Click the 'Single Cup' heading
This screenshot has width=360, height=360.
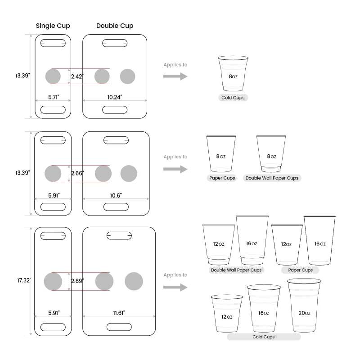click(x=53, y=26)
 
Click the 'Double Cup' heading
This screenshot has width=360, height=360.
click(x=115, y=26)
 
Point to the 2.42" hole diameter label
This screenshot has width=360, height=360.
click(x=77, y=76)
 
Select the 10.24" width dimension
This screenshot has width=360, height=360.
click(x=115, y=97)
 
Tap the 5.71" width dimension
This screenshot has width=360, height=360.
click(x=53, y=97)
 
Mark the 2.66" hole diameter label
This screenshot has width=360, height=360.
click(x=77, y=173)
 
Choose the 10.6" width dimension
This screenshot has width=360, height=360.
click(x=116, y=195)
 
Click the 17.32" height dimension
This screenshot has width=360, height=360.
click(x=23, y=280)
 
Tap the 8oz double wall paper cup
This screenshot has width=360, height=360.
click(x=271, y=153)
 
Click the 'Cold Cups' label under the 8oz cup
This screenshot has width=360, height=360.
click(x=233, y=98)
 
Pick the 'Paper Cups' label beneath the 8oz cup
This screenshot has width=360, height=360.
click(x=222, y=178)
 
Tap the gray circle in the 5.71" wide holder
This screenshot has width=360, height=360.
click(x=53, y=76)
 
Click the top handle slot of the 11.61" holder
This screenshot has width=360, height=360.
click(x=119, y=235)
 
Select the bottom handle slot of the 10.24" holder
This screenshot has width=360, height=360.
click(x=115, y=110)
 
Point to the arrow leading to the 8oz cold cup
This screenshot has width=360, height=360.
click(x=175, y=76)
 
